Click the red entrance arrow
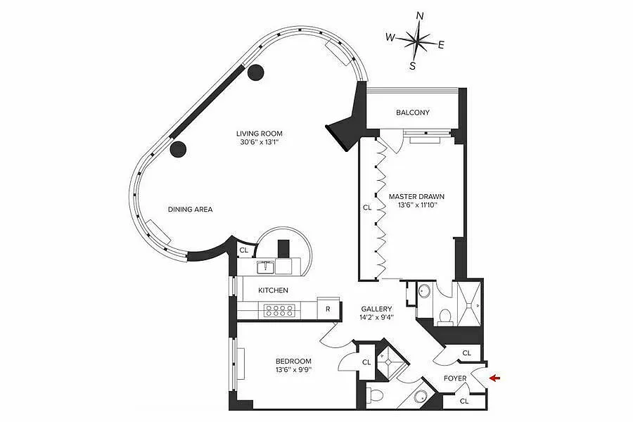495,378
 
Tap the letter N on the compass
420,15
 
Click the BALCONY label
413,113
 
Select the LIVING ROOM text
259,134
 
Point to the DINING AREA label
190,210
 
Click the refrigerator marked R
328,309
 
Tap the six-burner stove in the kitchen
279,310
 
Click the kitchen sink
266,267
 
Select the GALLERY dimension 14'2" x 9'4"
377,317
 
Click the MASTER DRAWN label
416,197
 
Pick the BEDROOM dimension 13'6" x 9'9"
293,369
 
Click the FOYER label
455,379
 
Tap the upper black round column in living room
255,72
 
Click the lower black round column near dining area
178,149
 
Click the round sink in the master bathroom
424,290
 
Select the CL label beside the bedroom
366,363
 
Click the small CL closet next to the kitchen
243,250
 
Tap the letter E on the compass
441,45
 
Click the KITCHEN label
274,290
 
